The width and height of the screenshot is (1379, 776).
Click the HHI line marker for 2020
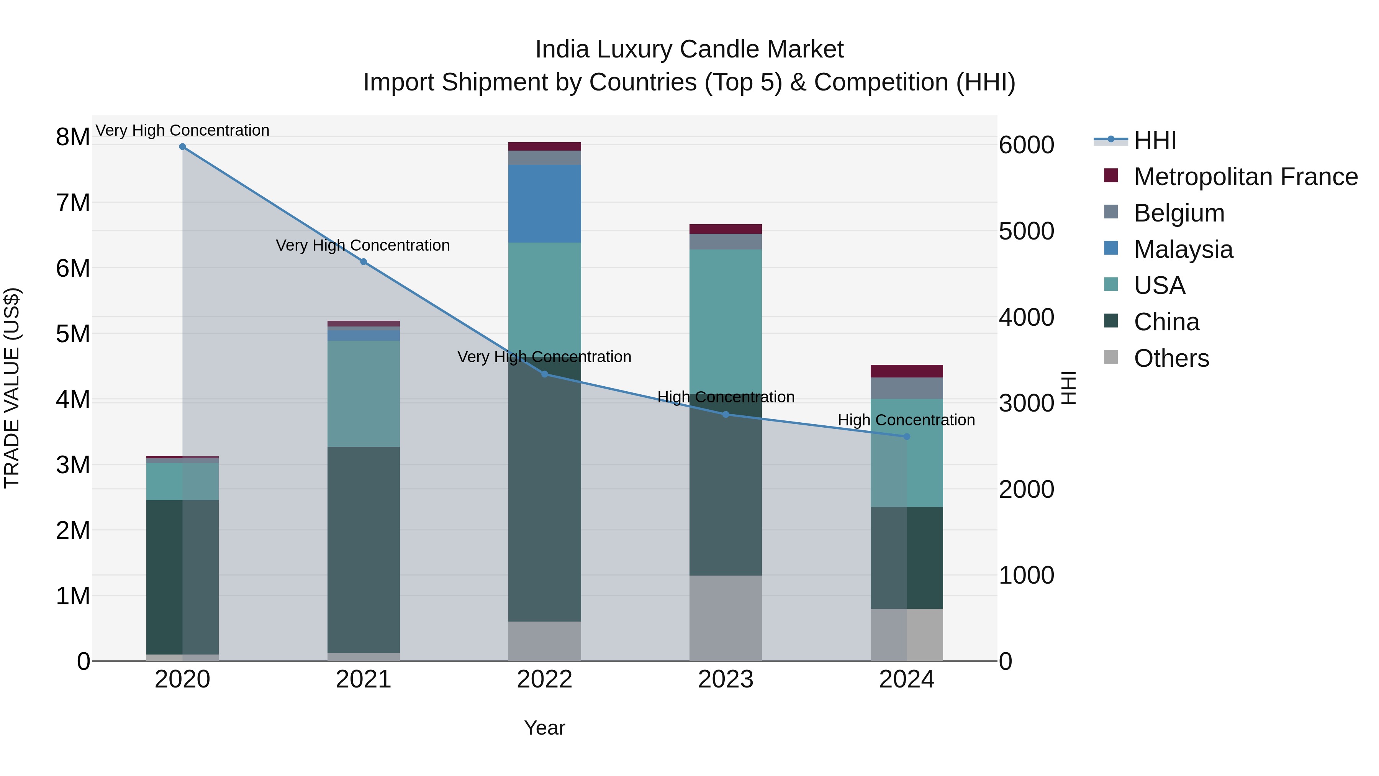pos(183,147)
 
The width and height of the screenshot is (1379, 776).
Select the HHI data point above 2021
pos(364,262)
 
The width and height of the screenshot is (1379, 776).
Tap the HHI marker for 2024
pos(907,436)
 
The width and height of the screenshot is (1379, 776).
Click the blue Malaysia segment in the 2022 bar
pos(544,203)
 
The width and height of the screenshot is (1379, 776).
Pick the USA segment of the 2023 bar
pos(726,322)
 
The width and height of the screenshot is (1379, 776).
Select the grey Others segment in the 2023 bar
pos(726,618)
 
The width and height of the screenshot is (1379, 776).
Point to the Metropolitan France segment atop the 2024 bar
pos(907,371)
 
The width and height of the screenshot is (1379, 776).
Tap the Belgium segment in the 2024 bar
pos(907,388)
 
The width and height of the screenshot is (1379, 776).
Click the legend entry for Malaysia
pos(1183,249)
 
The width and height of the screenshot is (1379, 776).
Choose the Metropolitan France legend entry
pos(1245,177)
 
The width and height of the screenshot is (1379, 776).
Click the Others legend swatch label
pos(1171,358)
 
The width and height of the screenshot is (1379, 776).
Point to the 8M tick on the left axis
pos(73,137)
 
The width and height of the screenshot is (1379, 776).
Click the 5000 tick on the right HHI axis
pos(1026,231)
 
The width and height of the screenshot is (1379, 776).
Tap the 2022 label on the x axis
pos(544,679)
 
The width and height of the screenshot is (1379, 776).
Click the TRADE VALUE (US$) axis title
pos(12,388)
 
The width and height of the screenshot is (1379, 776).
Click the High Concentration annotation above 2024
pos(906,420)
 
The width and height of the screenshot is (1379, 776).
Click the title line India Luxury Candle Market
pos(689,49)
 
